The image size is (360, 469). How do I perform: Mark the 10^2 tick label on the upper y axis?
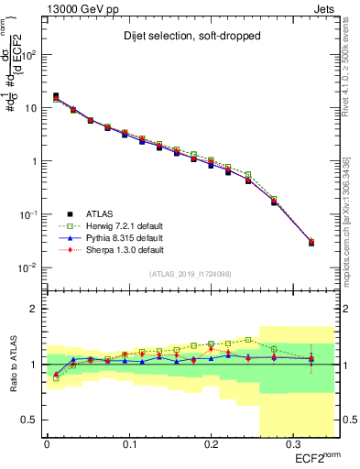(29, 54)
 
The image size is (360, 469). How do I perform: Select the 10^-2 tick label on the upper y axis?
(28, 267)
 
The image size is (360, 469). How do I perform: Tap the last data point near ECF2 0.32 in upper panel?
(311, 243)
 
